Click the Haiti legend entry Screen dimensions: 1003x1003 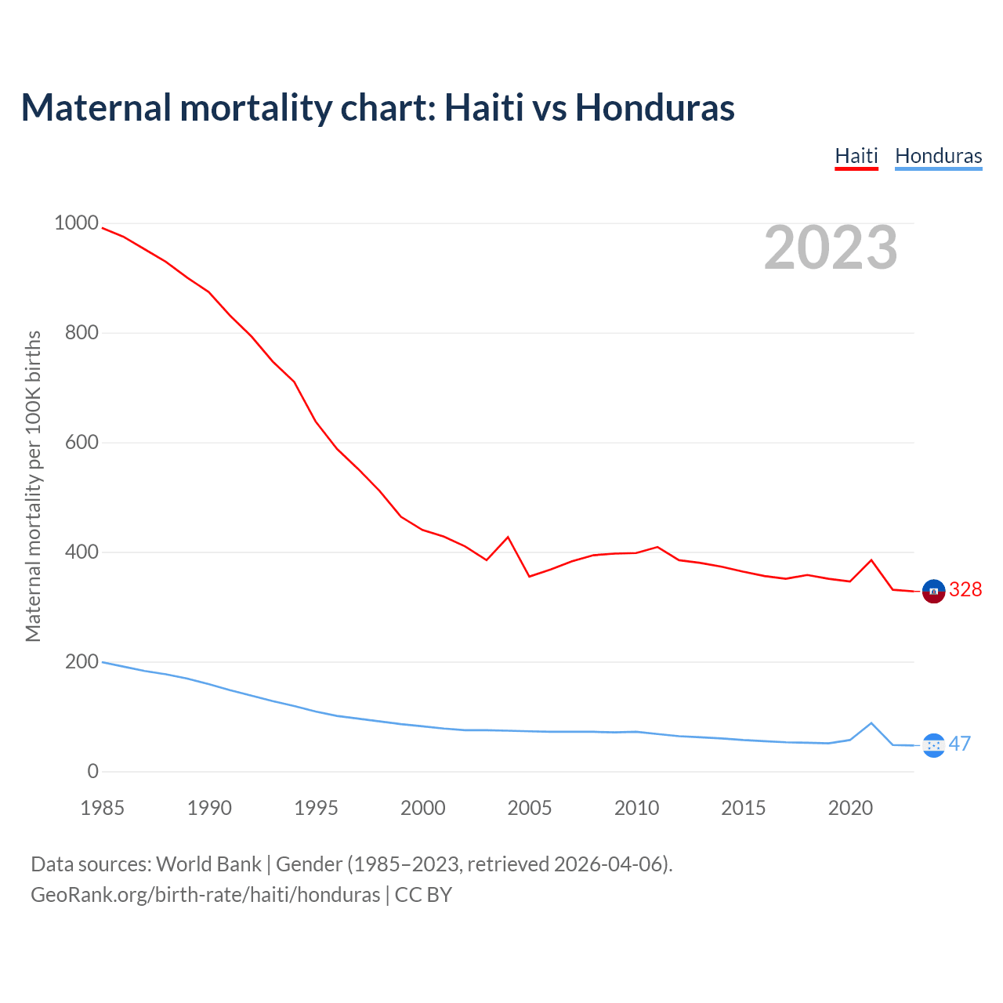856,156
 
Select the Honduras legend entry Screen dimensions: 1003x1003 938,156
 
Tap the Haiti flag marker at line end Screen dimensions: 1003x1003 933,592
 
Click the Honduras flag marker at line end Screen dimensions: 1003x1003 933,745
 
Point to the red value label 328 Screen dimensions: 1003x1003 965,590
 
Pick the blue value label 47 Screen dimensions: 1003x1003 960,744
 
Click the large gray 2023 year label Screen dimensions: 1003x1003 831,248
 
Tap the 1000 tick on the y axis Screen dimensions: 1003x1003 76,223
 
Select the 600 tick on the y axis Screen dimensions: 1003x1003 81,443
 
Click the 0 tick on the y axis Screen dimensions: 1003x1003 93,772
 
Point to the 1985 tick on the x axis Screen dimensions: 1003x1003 102,808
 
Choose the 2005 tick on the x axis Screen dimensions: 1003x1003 530,808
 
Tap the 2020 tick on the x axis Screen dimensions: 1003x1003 850,808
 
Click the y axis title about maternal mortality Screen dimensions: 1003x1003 33,486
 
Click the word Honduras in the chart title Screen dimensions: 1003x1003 655,107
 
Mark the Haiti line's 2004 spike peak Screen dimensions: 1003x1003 508,537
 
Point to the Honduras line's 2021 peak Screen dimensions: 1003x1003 871,723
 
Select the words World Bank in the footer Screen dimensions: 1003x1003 208,864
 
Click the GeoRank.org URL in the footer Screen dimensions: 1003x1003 205,895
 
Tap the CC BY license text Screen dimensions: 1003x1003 423,895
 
